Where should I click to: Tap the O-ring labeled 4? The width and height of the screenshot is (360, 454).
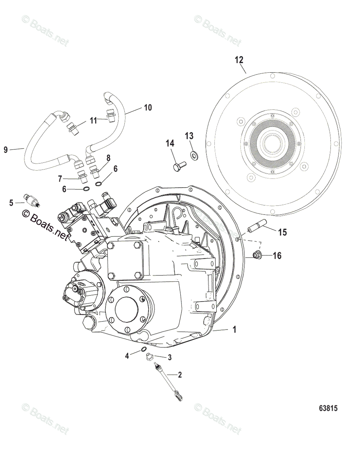[144, 349]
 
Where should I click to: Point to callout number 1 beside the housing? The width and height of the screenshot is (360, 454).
[234, 330]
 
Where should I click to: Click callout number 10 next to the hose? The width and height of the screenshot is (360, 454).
[147, 107]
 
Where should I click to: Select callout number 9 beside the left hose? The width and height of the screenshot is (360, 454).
[6, 150]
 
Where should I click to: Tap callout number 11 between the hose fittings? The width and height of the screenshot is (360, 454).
[93, 121]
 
